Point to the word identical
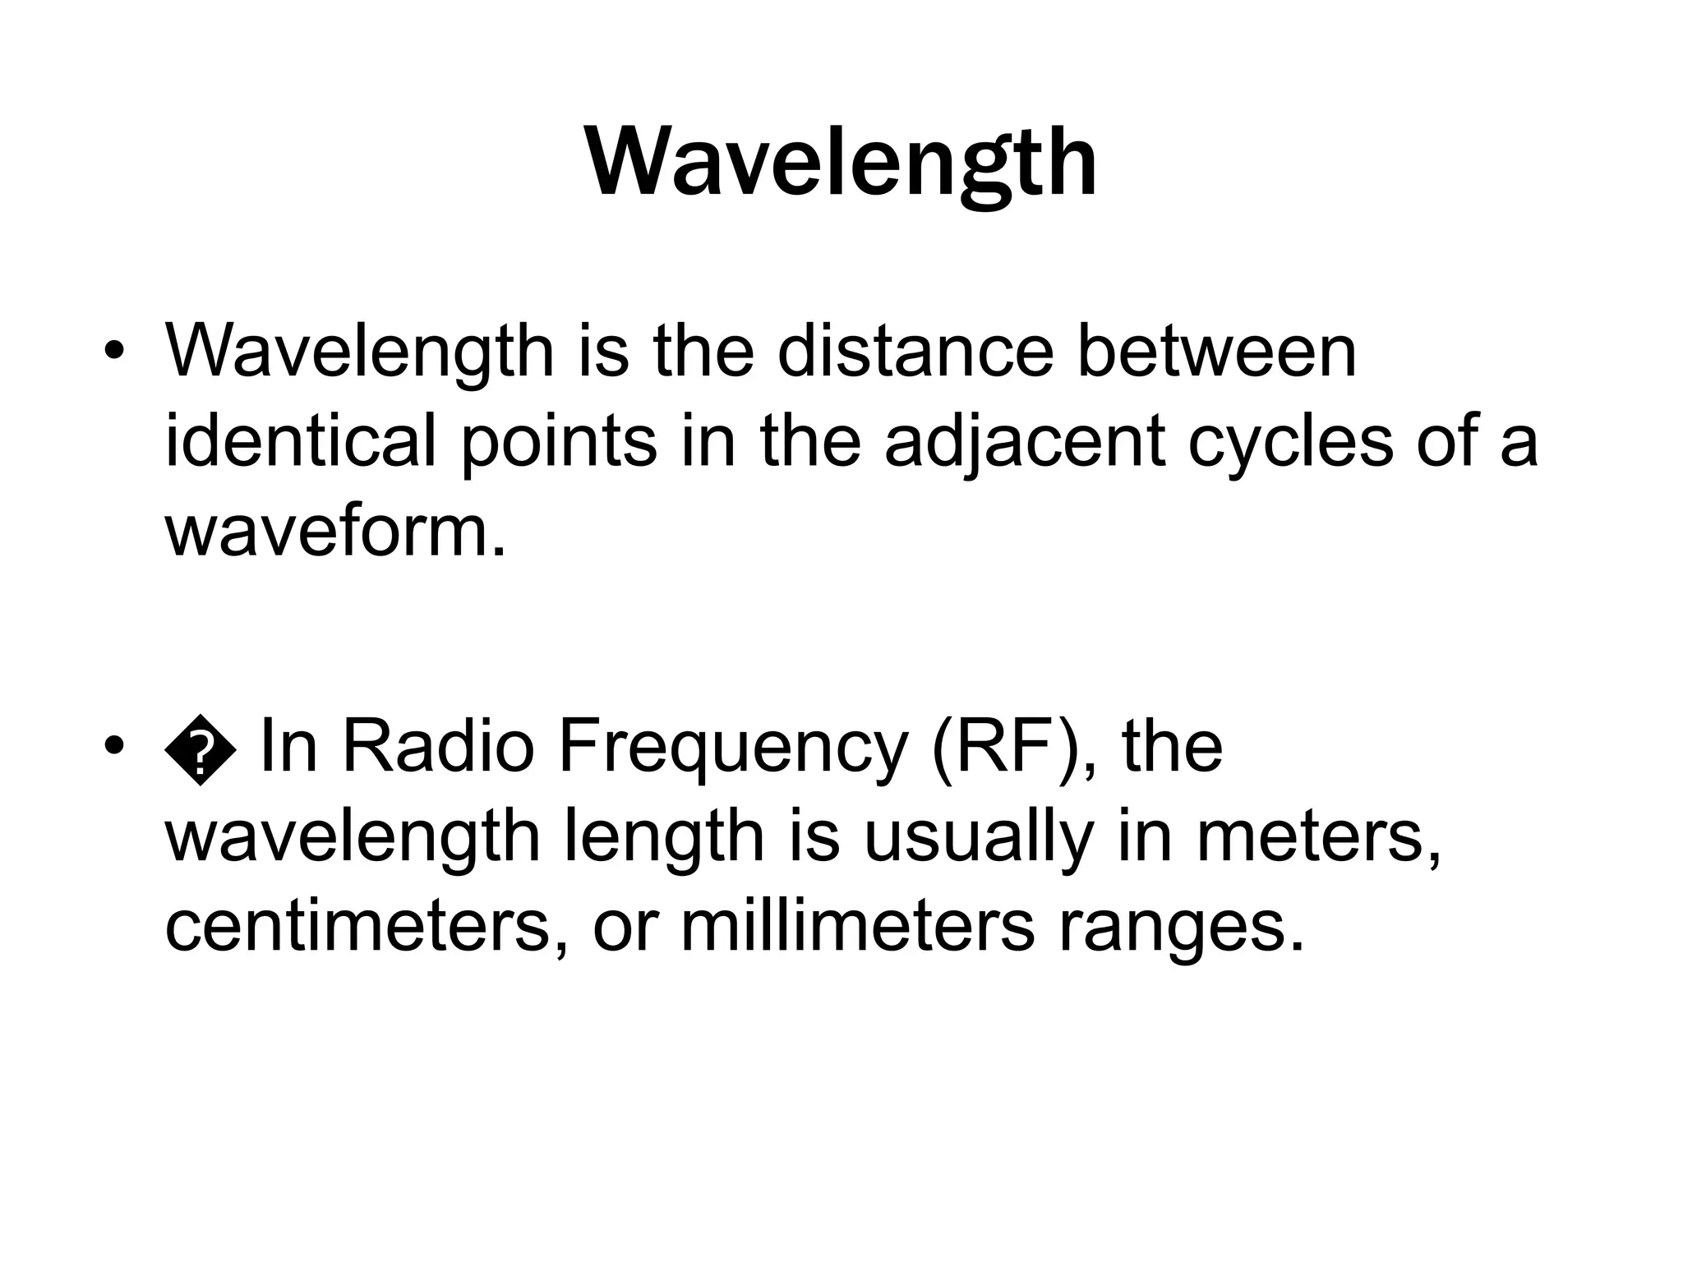tap(299, 442)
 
